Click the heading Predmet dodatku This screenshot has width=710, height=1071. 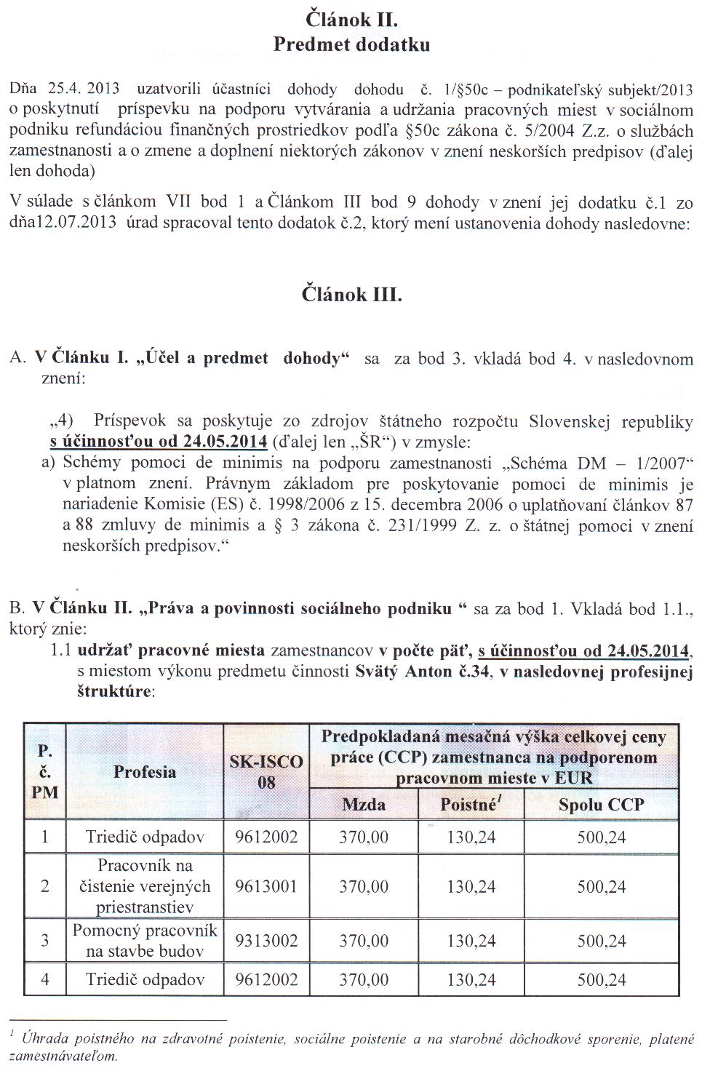pos(352,44)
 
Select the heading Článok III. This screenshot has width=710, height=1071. pos(352,295)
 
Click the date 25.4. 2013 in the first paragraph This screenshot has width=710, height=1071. pos(76,89)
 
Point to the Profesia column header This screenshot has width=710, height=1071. pos(144,772)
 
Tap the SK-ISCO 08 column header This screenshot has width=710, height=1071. pos(266,772)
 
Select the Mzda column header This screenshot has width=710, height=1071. pos(364,804)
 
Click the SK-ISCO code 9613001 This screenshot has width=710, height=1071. pos(266,886)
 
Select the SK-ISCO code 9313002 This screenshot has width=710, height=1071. pos(266,941)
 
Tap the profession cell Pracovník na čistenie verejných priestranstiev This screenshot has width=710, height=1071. pos(144,886)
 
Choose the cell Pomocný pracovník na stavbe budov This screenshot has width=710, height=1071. pos(144,941)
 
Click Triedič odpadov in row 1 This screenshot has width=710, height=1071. pos(144,837)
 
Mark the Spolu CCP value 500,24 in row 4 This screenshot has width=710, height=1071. pos(601,979)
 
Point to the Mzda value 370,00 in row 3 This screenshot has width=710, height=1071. pos(364,941)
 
